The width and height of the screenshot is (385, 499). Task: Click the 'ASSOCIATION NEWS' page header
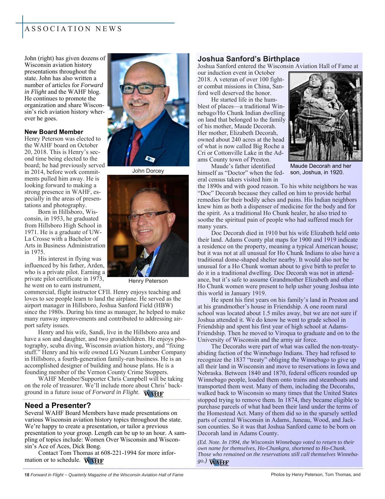73,29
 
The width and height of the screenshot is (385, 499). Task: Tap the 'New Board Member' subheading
54,132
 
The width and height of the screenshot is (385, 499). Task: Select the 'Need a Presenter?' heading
58,405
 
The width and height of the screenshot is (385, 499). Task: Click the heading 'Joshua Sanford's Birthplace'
249,59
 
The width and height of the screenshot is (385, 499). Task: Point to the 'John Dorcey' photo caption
148,171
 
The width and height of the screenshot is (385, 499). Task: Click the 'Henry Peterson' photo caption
148,281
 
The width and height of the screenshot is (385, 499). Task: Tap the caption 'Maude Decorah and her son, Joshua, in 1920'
320,169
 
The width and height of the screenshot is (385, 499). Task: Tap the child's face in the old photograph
316,81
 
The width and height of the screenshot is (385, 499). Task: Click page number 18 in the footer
27,475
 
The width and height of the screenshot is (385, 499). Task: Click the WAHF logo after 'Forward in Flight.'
154,394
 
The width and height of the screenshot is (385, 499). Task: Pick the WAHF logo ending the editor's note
219,462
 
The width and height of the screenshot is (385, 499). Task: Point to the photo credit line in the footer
316,475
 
